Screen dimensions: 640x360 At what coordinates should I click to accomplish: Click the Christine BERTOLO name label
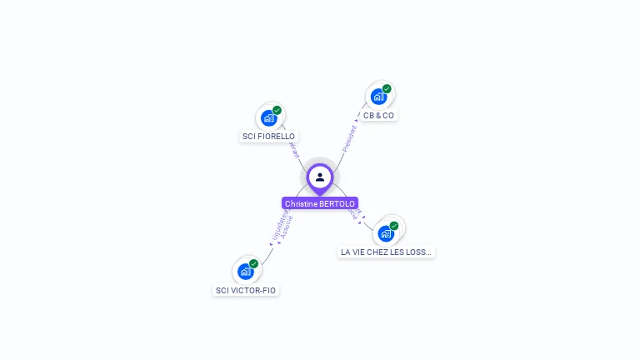pos(320,203)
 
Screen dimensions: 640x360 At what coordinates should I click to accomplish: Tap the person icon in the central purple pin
pos(320,177)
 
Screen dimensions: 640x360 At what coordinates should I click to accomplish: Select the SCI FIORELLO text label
pos(268,137)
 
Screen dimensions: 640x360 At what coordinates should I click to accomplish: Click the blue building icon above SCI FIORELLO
pos(268,118)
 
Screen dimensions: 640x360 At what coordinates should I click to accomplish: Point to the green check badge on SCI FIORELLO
pos(277,110)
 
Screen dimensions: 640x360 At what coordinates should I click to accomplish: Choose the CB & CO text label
pos(378,115)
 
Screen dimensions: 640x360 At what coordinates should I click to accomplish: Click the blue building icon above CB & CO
pos(378,97)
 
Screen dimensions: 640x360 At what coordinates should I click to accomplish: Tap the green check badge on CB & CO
pos(387,88)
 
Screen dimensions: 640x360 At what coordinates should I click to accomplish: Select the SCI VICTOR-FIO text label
pos(246,291)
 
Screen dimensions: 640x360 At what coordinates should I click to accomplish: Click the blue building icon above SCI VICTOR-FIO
pos(245,272)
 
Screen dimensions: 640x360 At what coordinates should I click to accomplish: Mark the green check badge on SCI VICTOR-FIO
pos(253,263)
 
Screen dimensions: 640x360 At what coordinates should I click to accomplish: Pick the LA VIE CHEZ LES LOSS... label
pos(386,252)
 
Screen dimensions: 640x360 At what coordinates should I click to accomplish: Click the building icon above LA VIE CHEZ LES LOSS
pos(386,233)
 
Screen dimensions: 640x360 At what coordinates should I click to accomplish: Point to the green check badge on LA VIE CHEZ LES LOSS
pos(394,225)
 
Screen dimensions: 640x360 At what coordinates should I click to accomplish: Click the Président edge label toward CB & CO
pos(349,138)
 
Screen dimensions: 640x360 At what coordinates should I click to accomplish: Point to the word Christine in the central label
pos(301,203)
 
